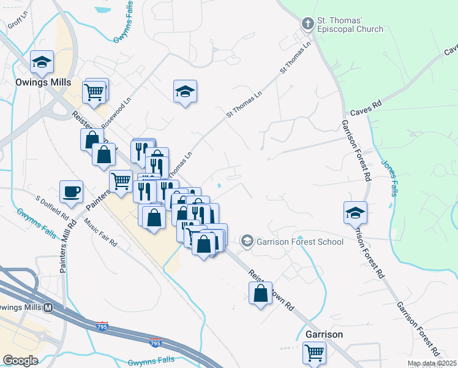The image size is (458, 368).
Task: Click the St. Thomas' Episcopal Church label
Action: (350, 25)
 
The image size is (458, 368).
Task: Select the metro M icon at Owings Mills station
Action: (47, 307)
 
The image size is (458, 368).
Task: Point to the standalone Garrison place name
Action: (324, 334)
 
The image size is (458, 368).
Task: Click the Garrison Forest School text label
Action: (299, 241)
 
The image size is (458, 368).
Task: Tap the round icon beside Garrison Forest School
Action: (247, 240)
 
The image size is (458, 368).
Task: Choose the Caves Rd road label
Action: (366, 112)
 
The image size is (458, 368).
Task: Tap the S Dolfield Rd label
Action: (52, 209)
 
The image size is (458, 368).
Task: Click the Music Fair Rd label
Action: (100, 231)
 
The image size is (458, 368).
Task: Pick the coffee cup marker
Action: (71, 191)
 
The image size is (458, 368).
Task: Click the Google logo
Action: (21, 360)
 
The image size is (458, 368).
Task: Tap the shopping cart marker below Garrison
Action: (314, 353)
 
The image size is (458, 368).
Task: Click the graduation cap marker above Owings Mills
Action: (42, 61)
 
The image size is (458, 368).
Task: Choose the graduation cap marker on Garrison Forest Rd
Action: (355, 212)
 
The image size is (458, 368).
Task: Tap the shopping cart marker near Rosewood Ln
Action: (95, 92)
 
